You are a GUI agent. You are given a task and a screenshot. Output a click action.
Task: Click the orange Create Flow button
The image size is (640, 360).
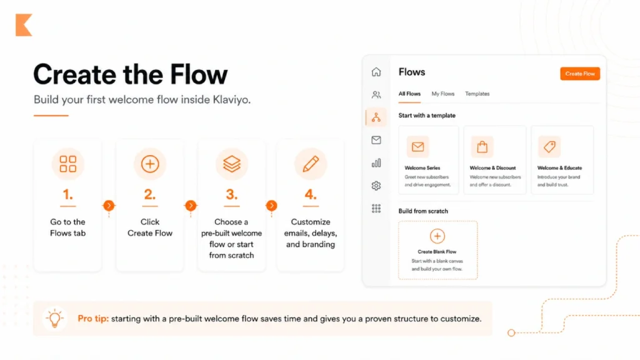580,74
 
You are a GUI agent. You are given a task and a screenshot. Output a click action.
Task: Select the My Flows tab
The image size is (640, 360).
442,94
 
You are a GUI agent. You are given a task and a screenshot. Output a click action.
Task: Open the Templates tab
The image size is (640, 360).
477,94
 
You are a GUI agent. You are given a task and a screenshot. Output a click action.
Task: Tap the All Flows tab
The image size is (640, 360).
409,94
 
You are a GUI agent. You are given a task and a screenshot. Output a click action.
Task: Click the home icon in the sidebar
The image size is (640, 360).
376,72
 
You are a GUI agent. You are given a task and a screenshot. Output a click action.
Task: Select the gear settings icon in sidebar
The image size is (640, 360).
376,186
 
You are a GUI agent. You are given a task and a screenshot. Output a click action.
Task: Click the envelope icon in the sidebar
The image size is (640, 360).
376,140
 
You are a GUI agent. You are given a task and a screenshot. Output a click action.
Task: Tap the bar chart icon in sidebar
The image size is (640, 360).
376,163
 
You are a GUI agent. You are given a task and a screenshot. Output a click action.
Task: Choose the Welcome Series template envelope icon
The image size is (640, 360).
417,147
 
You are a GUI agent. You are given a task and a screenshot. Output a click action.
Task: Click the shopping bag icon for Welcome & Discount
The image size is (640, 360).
482,147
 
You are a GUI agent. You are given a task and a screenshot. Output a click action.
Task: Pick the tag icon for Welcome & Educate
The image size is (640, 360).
549,147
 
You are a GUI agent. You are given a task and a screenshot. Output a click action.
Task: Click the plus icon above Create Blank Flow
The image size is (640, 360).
437,236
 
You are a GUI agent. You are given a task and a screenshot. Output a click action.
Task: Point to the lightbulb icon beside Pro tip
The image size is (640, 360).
55,318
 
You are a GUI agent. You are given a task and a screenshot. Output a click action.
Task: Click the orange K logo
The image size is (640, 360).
24,26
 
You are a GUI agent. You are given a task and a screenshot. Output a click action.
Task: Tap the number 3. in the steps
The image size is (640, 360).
232,194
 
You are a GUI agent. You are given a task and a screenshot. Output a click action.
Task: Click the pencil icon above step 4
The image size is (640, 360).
311,164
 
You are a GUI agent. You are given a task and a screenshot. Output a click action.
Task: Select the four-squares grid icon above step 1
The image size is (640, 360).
67,164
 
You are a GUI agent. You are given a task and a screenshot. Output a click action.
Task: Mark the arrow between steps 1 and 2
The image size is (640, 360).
109,205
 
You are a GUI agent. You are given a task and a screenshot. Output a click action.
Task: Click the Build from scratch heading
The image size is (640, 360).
423,211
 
